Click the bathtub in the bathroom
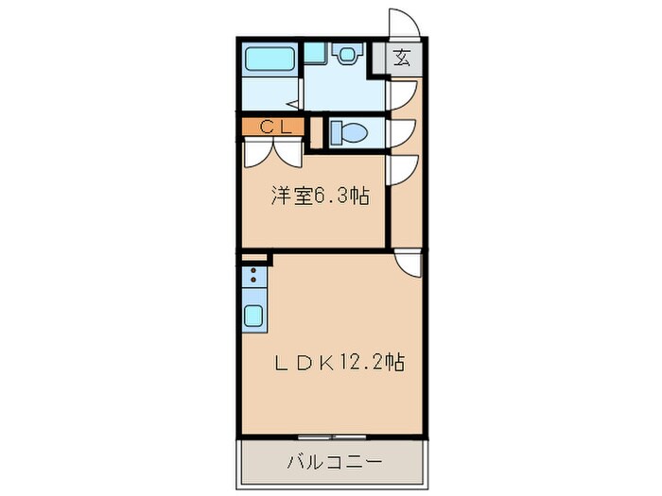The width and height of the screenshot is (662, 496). [x=271, y=61]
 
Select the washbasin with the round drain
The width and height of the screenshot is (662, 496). [x=348, y=55]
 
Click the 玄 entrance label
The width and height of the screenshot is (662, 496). [x=402, y=58]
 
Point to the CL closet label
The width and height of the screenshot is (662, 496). [x=272, y=126]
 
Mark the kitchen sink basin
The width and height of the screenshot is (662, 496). [x=254, y=315]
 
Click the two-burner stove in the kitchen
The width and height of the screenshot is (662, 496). [x=253, y=278]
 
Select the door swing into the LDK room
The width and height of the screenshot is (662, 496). [x=409, y=263]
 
